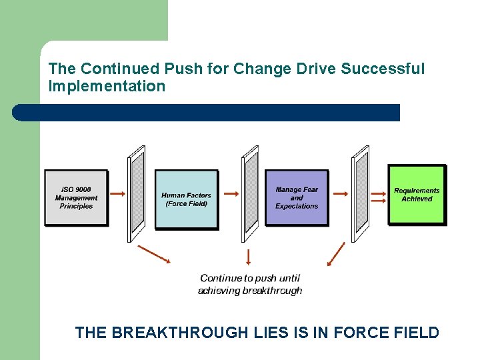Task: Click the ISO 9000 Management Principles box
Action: [76, 197]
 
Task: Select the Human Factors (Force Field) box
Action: [187, 199]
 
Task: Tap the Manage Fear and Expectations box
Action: [297, 198]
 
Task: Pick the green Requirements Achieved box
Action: [417, 195]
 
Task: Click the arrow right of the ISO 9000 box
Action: [117, 194]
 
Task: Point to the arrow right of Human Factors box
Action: [231, 194]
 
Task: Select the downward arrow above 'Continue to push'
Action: [249, 257]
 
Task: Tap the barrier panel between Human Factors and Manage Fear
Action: [251, 193]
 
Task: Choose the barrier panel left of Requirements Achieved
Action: [361, 193]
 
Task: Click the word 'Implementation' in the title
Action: [107, 86]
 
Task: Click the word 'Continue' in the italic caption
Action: [221, 278]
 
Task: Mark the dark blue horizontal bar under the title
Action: [207, 113]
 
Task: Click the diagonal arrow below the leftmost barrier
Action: [154, 254]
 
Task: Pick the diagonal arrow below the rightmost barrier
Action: [337, 254]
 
